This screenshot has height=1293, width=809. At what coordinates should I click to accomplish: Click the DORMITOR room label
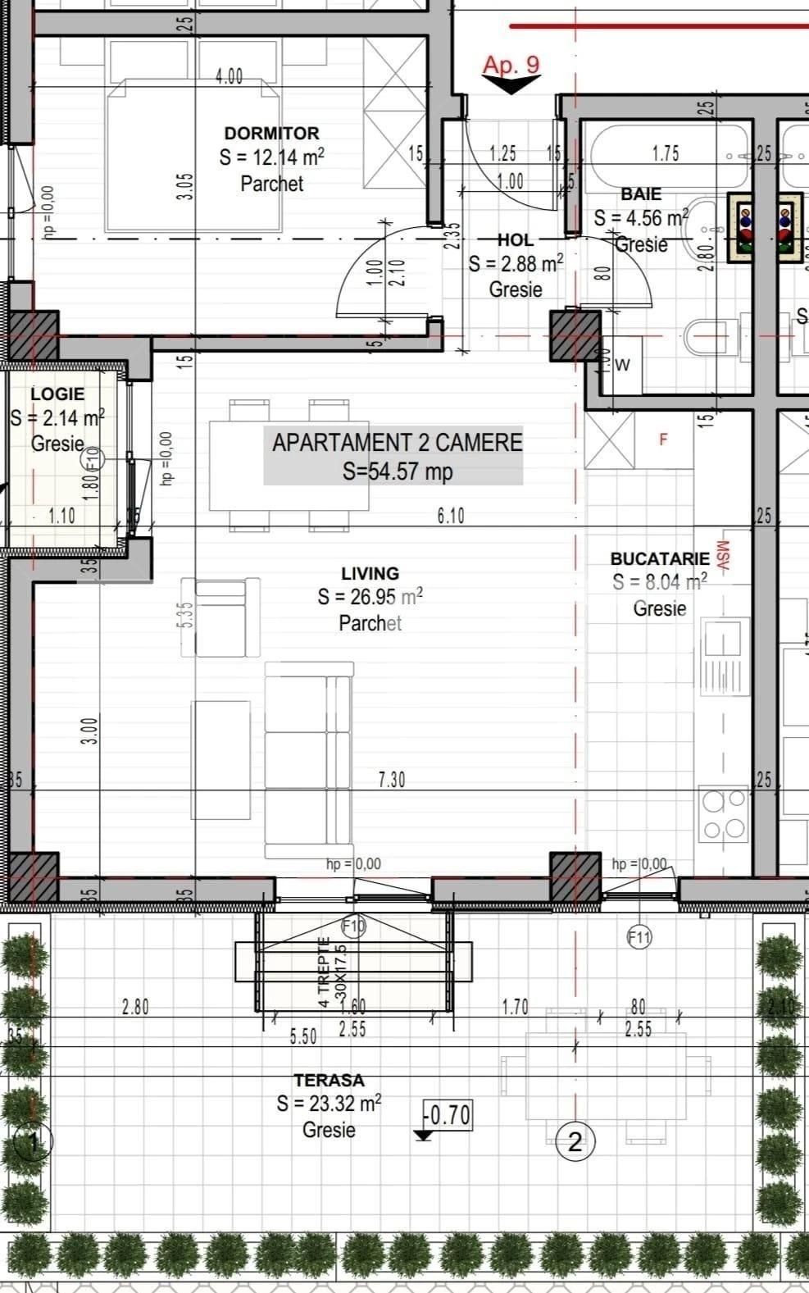pyautogui.click(x=271, y=133)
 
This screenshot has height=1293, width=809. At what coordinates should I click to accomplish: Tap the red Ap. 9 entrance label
pyautogui.click(x=511, y=65)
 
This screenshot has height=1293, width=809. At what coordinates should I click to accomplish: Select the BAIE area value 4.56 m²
pyautogui.click(x=641, y=218)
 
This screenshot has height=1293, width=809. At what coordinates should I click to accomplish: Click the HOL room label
pyautogui.click(x=516, y=240)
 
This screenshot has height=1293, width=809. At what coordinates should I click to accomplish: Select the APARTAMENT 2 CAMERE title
pyautogui.click(x=397, y=443)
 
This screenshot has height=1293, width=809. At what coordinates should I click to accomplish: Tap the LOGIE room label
pyautogui.click(x=57, y=394)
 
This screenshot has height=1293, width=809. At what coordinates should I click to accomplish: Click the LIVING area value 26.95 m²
pyautogui.click(x=370, y=597)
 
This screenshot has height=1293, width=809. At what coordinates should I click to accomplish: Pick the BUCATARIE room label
pyautogui.click(x=660, y=558)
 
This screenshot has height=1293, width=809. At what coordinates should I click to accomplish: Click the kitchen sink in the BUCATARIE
pyautogui.click(x=722, y=656)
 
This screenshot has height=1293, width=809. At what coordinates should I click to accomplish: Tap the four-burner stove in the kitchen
pyautogui.click(x=723, y=813)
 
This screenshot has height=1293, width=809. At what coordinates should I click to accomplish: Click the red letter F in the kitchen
pyautogui.click(x=664, y=439)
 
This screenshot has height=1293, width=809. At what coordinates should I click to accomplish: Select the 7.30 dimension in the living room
pyautogui.click(x=392, y=779)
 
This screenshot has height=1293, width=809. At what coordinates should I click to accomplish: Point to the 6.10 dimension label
pyautogui.click(x=451, y=515)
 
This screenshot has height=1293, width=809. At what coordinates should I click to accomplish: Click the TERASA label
pyautogui.click(x=329, y=1081)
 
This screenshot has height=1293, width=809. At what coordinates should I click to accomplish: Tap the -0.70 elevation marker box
pyautogui.click(x=448, y=1115)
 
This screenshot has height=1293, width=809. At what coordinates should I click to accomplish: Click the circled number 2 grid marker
pyautogui.click(x=575, y=1141)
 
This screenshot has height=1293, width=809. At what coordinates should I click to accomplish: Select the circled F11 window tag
pyautogui.click(x=639, y=936)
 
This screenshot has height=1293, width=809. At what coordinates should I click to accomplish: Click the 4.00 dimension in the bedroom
pyautogui.click(x=230, y=76)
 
